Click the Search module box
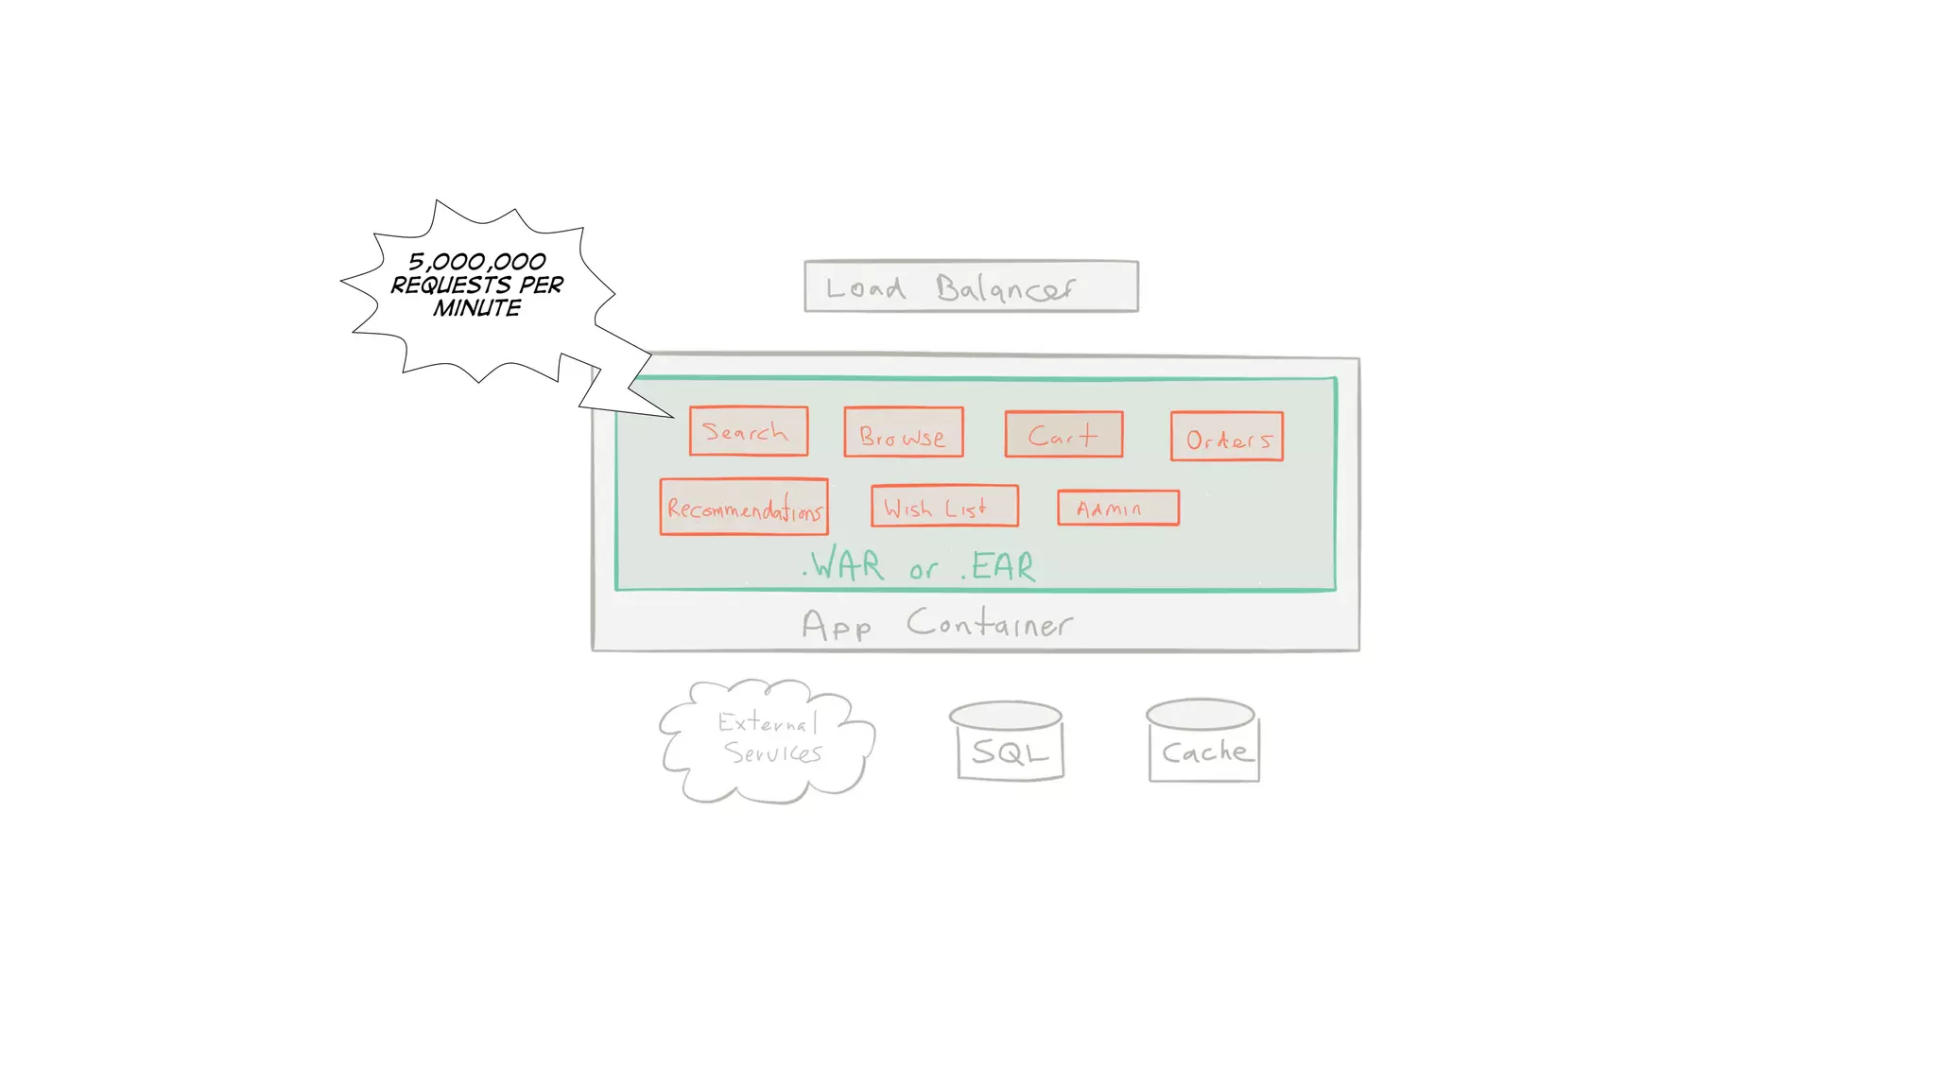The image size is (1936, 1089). pos(748,431)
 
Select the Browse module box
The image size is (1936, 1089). pos(903,432)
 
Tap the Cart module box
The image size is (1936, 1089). pos(1063,435)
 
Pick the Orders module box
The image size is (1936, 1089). pos(1226,437)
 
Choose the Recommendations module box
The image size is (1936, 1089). pos(744,508)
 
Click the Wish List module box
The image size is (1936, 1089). pos(943,507)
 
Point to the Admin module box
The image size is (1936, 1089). pos(1117,508)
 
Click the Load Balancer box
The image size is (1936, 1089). pos(971,285)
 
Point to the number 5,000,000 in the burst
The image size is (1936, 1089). pos(477,261)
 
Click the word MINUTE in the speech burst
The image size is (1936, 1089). pos(477,308)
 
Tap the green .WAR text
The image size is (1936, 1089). pos(844,565)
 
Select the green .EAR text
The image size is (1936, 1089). pos(999,567)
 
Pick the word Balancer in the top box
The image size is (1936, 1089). pos(1005,288)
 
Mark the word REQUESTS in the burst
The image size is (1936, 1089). pos(451,285)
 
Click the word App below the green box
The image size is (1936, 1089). pos(837,626)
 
